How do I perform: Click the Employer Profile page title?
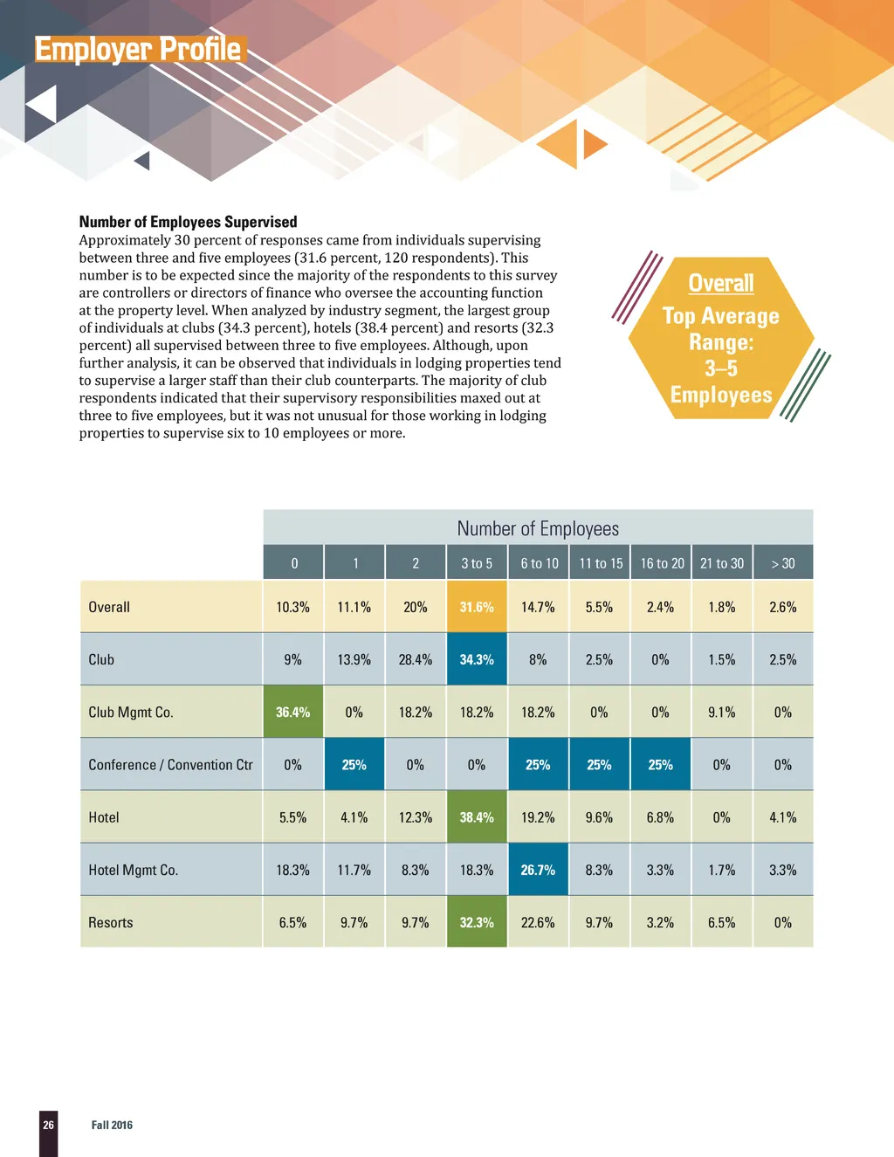(x=138, y=49)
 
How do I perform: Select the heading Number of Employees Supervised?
(x=188, y=222)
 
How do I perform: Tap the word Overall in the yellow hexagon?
(x=720, y=283)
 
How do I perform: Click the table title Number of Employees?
(x=538, y=528)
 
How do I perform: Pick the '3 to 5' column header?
(x=477, y=563)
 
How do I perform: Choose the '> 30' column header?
(x=783, y=563)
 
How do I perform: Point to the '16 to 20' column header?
(x=662, y=563)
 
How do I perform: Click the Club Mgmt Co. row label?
(x=131, y=712)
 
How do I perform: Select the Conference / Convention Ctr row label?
(x=170, y=765)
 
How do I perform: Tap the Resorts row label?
(x=111, y=922)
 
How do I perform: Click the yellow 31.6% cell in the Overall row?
(x=477, y=607)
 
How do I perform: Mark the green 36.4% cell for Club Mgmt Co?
(x=293, y=712)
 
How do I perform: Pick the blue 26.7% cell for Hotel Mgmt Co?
(x=538, y=870)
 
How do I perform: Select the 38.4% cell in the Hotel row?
(x=477, y=817)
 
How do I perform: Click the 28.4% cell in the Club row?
(x=416, y=659)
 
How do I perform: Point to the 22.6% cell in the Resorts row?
(x=538, y=922)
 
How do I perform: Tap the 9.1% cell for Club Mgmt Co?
(x=722, y=712)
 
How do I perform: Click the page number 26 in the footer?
(x=48, y=1125)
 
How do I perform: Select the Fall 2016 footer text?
(x=112, y=1125)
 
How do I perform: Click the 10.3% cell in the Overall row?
(x=293, y=607)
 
